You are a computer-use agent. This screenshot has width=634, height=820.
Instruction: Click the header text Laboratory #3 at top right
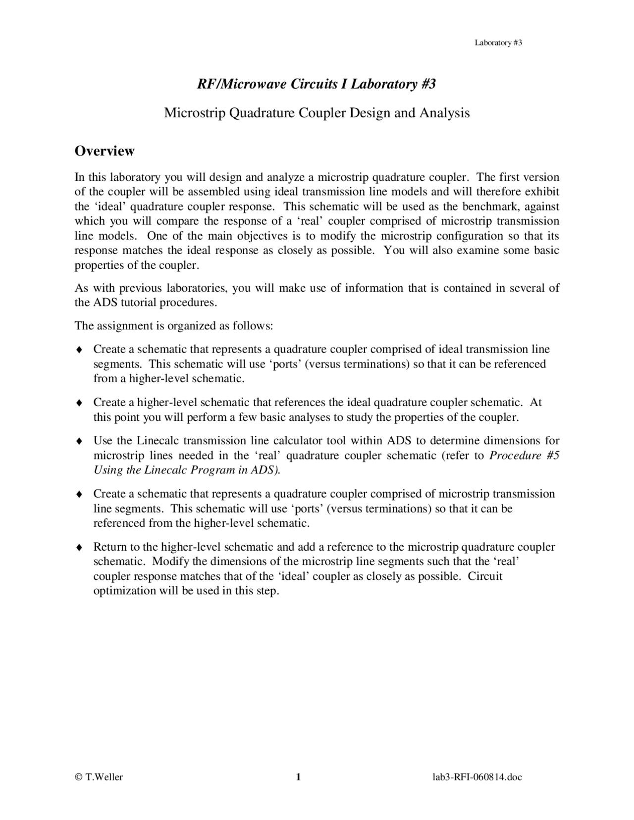coord(498,43)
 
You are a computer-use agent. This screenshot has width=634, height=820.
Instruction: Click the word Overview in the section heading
coord(104,151)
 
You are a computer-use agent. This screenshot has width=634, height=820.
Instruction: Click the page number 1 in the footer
coord(299,777)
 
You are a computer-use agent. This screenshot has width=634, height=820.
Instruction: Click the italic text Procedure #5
coord(524,456)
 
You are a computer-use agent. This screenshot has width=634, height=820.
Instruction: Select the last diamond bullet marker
coord(79,548)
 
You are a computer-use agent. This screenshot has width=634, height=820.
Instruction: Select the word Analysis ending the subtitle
coord(444,113)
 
